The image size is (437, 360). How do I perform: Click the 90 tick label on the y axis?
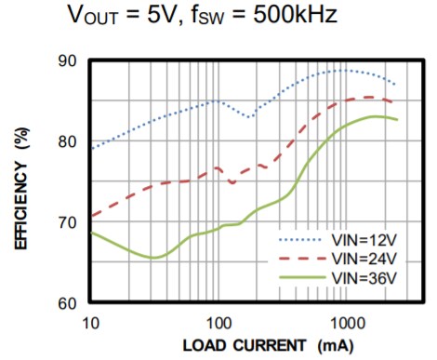(x=66, y=61)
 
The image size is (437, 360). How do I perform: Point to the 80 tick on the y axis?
(x=66, y=142)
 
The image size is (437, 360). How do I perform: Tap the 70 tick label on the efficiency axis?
(x=66, y=223)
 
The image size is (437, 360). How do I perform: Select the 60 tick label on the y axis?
(x=66, y=303)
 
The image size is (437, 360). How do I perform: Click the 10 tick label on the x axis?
(x=89, y=320)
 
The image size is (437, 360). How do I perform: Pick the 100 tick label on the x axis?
(x=218, y=320)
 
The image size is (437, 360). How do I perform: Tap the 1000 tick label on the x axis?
(x=346, y=320)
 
